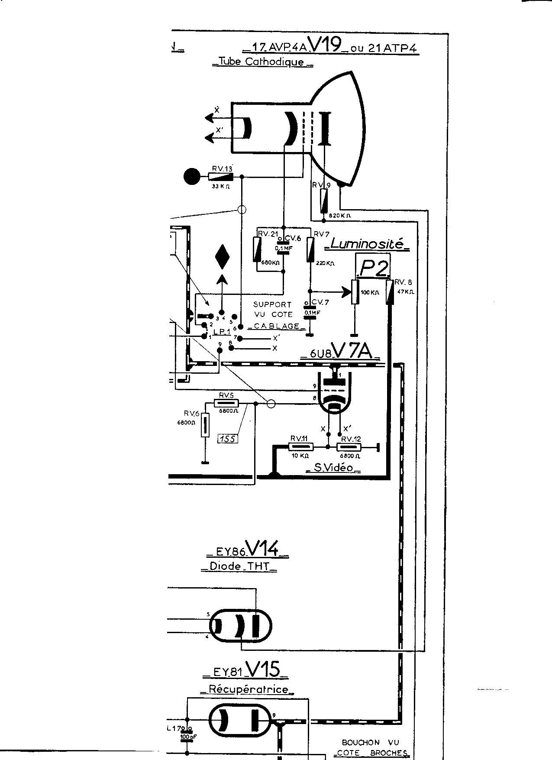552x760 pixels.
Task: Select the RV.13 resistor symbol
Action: pos(221,177)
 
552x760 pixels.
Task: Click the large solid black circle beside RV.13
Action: pos(192,177)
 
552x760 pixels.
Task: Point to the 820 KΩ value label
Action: pos(340,215)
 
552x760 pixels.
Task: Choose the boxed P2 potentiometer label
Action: pos(373,269)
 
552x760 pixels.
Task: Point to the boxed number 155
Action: pos(227,439)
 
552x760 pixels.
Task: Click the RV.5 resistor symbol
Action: pos(227,404)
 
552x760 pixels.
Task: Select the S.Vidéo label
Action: pos(333,468)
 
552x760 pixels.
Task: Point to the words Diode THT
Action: pos(239,566)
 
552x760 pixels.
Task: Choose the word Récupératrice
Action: pos(248,689)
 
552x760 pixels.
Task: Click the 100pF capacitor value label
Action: pos(187,737)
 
